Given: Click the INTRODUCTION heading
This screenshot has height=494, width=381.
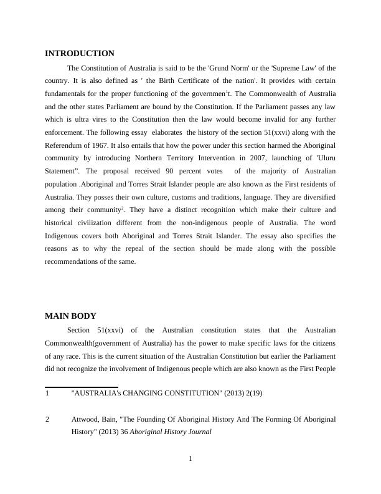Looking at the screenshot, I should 80,54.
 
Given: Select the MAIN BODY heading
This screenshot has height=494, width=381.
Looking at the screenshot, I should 70,316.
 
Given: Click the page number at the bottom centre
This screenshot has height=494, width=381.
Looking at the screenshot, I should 190,460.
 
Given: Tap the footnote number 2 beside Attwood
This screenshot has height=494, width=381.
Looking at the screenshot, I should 47,420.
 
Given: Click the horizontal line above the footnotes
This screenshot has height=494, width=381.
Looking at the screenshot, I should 82,387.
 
